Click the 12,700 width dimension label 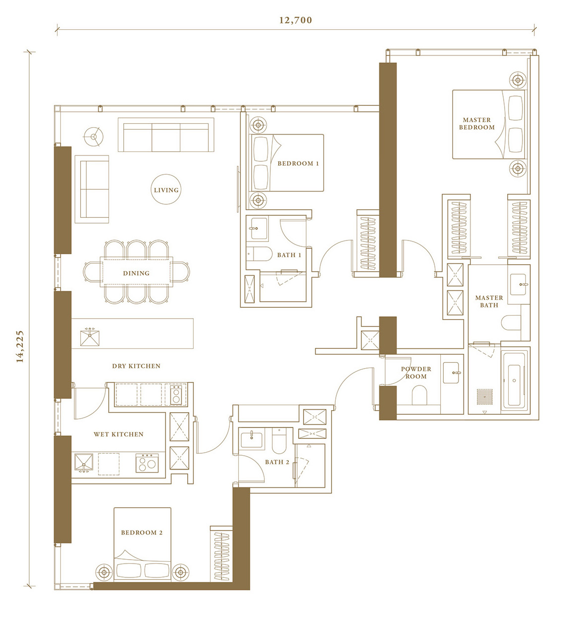point(296,20)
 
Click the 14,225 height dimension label point(20,346)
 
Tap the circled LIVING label point(166,190)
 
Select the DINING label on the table point(136,273)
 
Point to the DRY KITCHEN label point(136,366)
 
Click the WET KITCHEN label point(118,434)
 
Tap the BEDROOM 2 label point(142,532)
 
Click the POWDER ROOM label point(416,373)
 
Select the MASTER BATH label point(489,301)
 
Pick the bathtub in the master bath point(514,381)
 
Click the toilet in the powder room point(419,395)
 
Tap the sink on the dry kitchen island point(90,338)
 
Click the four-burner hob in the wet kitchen point(147,463)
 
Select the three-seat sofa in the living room point(166,135)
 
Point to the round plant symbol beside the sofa point(94,137)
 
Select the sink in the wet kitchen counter point(84,463)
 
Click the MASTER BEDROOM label point(476,123)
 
